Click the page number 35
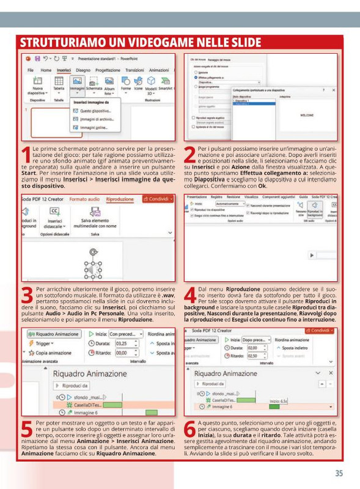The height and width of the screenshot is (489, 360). (x=339, y=472)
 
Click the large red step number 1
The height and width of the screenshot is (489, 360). (x=25, y=156)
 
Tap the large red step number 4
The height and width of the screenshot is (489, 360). (x=190, y=296)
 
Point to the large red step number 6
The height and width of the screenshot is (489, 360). (x=190, y=430)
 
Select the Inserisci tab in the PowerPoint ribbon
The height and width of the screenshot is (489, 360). (x=64, y=70)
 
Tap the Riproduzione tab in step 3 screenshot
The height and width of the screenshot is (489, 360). (x=120, y=200)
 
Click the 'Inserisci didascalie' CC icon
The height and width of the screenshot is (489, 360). (x=54, y=211)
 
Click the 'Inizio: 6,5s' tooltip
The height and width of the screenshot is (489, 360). (x=279, y=401)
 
